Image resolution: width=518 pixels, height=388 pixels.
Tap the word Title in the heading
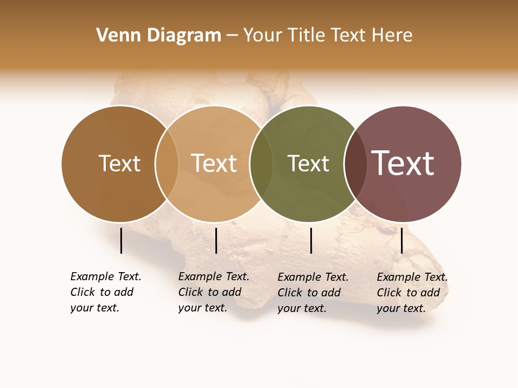tap(307, 36)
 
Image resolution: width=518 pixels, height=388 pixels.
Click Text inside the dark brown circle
tap(119, 163)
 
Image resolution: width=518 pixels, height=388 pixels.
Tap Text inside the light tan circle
tap(214, 163)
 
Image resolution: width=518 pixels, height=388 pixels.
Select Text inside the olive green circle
tap(308, 163)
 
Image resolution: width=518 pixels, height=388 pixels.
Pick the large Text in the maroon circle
tap(403, 163)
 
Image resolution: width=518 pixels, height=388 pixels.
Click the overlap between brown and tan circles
tap(167, 163)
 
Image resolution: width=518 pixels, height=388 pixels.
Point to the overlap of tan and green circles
tap(261, 163)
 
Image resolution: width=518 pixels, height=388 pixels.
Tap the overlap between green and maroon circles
tap(356, 163)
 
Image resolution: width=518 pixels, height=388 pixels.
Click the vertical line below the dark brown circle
tap(121, 240)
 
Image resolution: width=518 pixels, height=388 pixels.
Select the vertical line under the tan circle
tap(216, 240)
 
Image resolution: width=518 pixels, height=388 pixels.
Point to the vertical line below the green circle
tap(311, 240)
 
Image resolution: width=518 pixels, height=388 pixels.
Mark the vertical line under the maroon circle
tap(401, 240)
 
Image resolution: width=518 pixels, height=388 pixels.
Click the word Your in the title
tap(263, 36)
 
